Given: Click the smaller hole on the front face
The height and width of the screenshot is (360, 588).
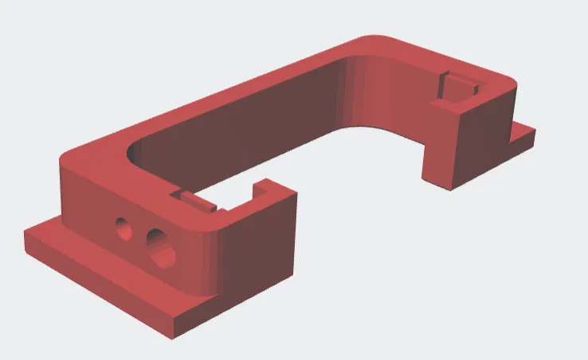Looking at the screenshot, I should (123, 229).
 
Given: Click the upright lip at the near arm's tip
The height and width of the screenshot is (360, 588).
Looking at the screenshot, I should (259, 192).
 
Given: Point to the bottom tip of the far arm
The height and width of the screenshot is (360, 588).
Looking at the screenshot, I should (454, 187).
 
